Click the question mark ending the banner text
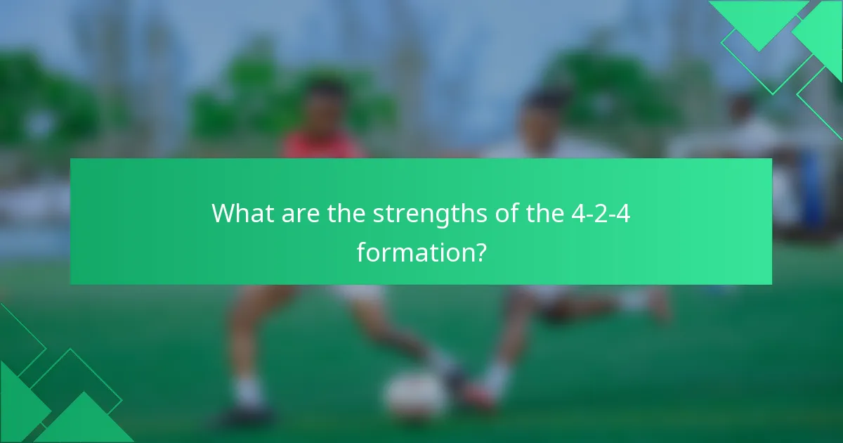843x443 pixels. pos(479,251)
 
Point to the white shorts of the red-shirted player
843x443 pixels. pos(351,292)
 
